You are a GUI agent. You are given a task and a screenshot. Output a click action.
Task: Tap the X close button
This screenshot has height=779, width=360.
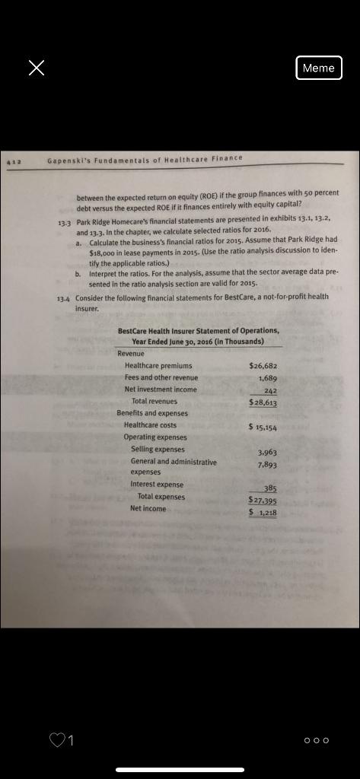[36, 68]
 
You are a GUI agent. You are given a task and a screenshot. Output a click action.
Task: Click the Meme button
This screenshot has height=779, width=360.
[318, 68]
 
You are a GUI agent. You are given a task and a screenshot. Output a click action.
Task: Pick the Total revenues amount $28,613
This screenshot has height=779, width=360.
[263, 401]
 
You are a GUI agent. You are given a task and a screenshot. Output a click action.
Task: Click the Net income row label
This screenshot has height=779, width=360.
[148, 508]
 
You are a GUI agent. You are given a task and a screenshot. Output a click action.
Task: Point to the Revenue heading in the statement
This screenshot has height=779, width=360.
[131, 354]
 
